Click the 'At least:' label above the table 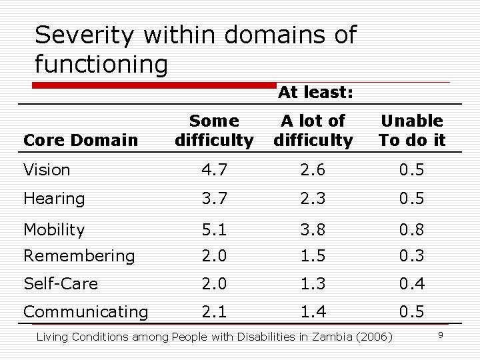[x=315, y=93]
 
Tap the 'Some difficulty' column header [x=214, y=131]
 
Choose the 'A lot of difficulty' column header [x=313, y=131]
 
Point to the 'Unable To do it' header [x=411, y=131]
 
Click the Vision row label [x=47, y=170]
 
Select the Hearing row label [x=54, y=199]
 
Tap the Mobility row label [x=54, y=230]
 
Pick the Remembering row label [x=79, y=256]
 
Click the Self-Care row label [x=60, y=284]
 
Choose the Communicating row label [x=85, y=312]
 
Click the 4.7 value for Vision [x=214, y=170]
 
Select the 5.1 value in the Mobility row [x=214, y=230]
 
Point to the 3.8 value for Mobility [x=313, y=230]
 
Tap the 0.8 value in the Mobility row [x=411, y=230]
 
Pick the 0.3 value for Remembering [x=411, y=256]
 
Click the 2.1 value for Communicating [x=214, y=312]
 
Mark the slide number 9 [x=440, y=334]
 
